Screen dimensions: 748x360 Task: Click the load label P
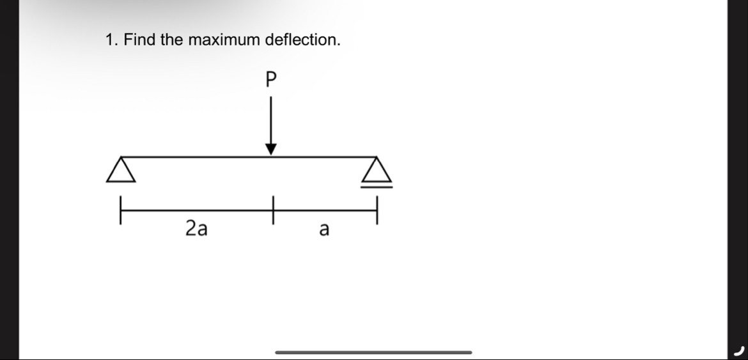pyautogui.click(x=270, y=79)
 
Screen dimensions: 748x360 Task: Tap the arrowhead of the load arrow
pyautogui.click(x=271, y=149)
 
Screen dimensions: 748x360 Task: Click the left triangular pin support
pyautogui.click(x=121, y=170)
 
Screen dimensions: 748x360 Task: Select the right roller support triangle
pyautogui.click(x=376, y=171)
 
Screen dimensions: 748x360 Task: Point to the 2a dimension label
pyautogui.click(x=196, y=228)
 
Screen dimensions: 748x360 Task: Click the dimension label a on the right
pyautogui.click(x=323, y=229)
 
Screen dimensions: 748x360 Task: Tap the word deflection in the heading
pyautogui.click(x=302, y=40)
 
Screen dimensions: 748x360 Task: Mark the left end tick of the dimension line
pyautogui.click(x=120, y=210)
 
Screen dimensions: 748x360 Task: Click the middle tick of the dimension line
pyautogui.click(x=272, y=210)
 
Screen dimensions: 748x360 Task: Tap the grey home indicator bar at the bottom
pyautogui.click(x=373, y=352)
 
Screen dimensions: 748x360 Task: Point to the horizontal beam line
pyautogui.click(x=192, y=156)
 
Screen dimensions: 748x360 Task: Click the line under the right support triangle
pyautogui.click(x=376, y=186)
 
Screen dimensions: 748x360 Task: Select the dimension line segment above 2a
pyautogui.click(x=196, y=210)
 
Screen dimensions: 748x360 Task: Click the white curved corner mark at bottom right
pyautogui.click(x=740, y=350)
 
